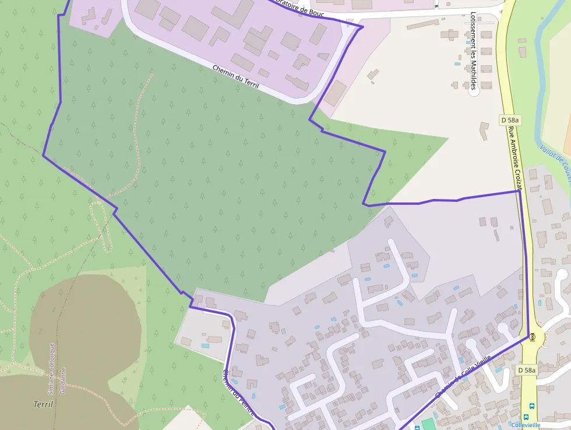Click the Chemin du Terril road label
click(x=235, y=77)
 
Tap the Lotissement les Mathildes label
click(x=473, y=51)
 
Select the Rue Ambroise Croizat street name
click(x=517, y=158)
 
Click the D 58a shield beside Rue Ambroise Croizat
click(x=510, y=120)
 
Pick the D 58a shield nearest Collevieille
click(x=527, y=370)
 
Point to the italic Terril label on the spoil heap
click(x=43, y=404)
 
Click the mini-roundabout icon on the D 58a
click(x=532, y=337)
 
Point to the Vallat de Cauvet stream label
click(x=556, y=160)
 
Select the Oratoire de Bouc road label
click(x=301, y=9)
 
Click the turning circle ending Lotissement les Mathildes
click(x=474, y=92)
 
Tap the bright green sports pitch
click(x=428, y=424)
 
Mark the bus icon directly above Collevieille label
click(x=531, y=407)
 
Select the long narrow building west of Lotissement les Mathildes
click(x=423, y=25)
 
